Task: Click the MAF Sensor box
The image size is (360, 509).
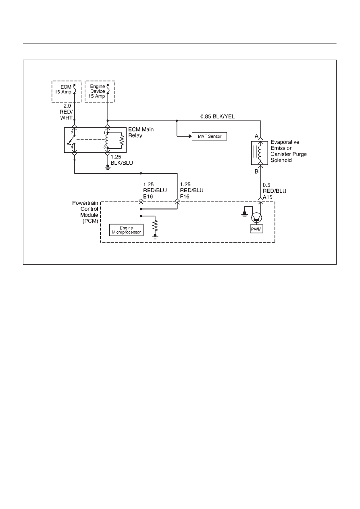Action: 209,136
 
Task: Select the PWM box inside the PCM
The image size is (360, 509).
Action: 256,229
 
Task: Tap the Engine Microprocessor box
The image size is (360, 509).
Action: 126,230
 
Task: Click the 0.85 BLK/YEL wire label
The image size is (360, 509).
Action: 217,116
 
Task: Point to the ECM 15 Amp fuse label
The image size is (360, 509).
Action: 63,89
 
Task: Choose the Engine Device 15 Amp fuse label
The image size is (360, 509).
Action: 97,91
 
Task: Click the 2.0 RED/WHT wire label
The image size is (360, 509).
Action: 66,112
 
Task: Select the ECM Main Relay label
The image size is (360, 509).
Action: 141,133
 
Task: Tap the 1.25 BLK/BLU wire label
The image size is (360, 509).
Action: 122,160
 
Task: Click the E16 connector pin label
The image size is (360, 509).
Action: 148,196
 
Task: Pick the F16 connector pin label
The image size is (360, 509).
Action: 185,196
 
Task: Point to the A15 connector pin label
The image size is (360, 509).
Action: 268,197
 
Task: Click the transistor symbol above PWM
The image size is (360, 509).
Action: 256,218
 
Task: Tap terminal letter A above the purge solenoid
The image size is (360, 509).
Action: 256,136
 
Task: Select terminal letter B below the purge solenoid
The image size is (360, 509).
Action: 256,172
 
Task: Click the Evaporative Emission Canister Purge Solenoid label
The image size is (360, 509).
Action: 288,151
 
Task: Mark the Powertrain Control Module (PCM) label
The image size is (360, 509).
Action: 85,212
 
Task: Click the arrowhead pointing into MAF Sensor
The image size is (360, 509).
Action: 190,136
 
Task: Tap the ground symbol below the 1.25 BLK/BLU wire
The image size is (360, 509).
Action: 108,168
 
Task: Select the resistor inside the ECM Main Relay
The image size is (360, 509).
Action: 122,140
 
